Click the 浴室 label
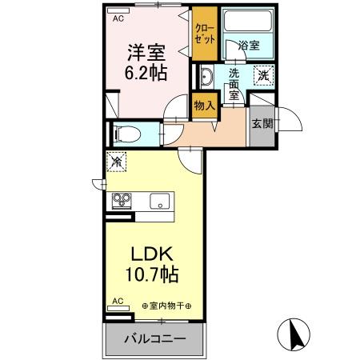point(249,46)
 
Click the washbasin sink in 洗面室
point(205,78)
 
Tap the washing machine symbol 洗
point(262,76)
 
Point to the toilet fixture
point(127,133)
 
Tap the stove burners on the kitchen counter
point(122,200)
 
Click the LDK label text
point(152,254)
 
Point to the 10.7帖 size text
point(152,274)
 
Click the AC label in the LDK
point(118,302)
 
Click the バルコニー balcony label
point(154,339)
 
